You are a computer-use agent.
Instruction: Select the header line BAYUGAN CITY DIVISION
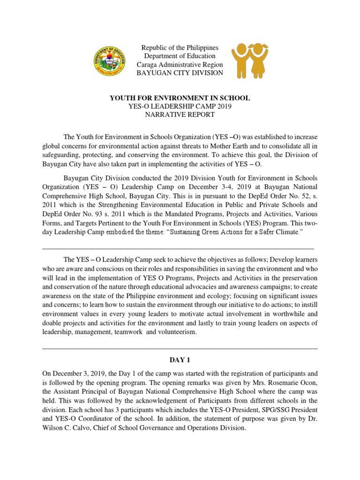pos(180,73)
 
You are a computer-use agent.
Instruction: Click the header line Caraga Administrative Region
pos(180,65)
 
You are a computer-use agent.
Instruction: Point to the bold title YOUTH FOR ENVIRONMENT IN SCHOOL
pos(180,98)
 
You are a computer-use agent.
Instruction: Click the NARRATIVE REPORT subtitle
pos(180,114)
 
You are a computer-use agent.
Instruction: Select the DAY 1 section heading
pos(180,360)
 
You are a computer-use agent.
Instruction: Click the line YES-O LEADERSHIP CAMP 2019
pos(180,106)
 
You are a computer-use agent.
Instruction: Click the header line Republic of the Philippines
pos(180,48)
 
